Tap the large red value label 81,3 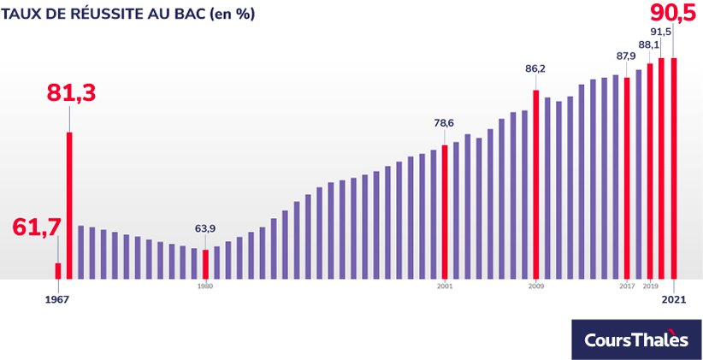[71, 93]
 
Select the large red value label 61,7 [37, 227]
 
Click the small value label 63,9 [205, 228]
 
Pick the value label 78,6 [444, 123]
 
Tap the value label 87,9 [626, 56]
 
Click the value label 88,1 [649, 44]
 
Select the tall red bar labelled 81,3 [69, 205]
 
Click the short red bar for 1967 [58, 271]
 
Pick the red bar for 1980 [205, 264]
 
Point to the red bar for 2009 [536, 185]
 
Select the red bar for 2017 [627, 178]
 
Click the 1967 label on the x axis [57, 299]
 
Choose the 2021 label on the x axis [674, 299]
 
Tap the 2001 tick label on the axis [445, 286]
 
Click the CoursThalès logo [635, 339]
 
